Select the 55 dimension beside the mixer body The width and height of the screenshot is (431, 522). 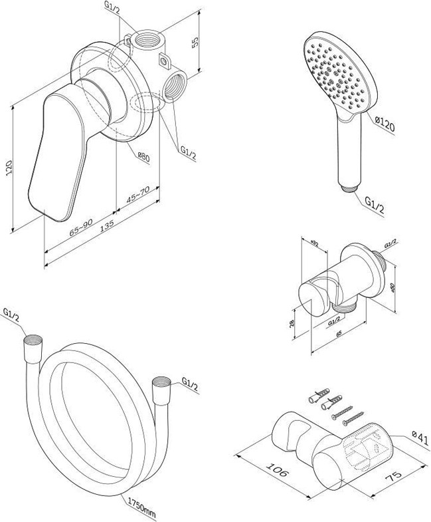click(x=195, y=42)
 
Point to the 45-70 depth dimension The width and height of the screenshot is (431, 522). click(x=138, y=197)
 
